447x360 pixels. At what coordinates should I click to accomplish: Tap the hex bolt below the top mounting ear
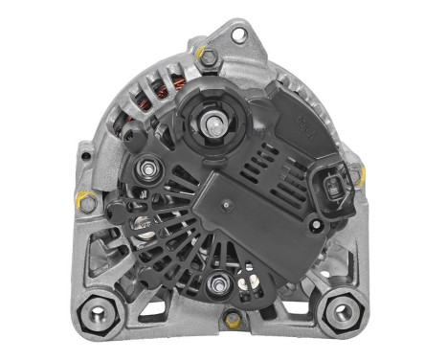point(204,56)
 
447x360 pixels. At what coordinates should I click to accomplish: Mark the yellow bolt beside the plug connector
point(356,175)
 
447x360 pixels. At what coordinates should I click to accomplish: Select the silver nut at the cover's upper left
point(148,170)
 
